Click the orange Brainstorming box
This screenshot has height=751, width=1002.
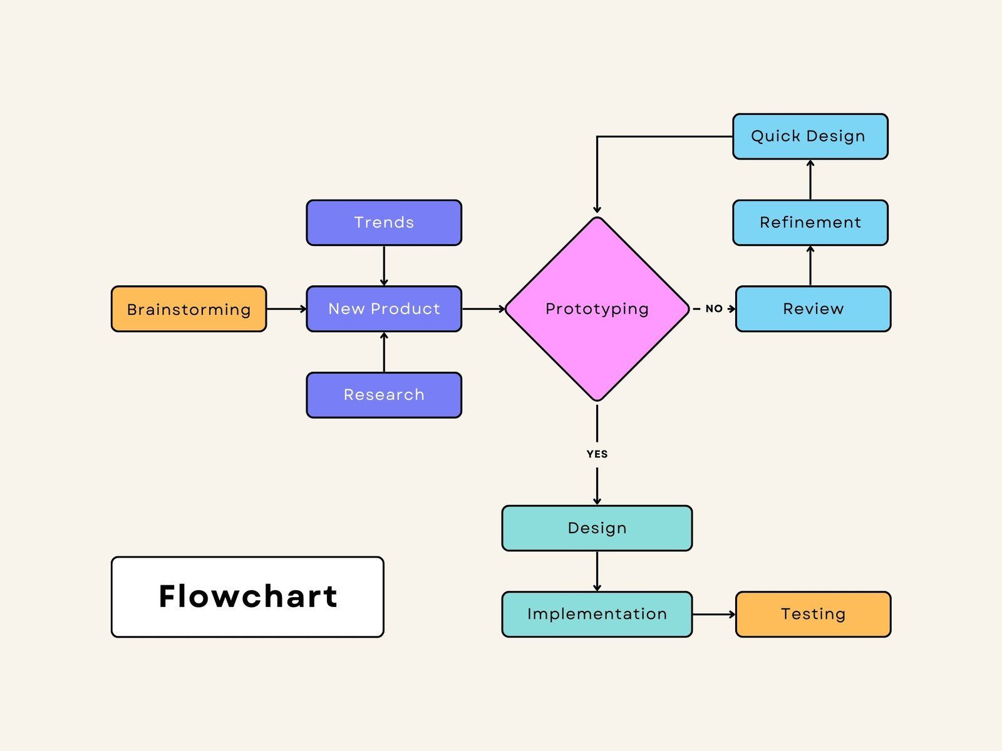pos(189,309)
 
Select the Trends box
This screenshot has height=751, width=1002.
pos(384,223)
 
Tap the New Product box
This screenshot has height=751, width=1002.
pos(384,309)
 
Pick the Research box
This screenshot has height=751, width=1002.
pos(384,395)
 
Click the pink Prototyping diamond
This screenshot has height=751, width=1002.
pos(597,309)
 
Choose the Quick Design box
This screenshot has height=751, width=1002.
pos(810,136)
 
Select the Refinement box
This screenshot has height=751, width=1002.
pos(810,223)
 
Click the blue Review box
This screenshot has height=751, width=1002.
pos(813,309)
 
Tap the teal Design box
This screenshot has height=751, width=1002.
pos(597,528)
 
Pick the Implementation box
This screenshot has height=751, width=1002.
pos(597,614)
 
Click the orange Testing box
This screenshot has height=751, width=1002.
pos(813,614)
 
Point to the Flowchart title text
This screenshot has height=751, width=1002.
pos(248,596)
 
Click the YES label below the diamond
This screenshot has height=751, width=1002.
pos(597,454)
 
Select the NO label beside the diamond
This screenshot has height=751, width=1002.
pos(714,309)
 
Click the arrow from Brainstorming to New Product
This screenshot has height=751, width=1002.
pos(286,309)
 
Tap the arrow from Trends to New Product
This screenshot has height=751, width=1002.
pos(384,265)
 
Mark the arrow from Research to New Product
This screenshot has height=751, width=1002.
pos(384,352)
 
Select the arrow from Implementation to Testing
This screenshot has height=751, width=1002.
pos(714,614)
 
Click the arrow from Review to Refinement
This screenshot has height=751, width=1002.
pos(810,266)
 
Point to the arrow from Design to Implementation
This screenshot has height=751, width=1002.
pos(597,571)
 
